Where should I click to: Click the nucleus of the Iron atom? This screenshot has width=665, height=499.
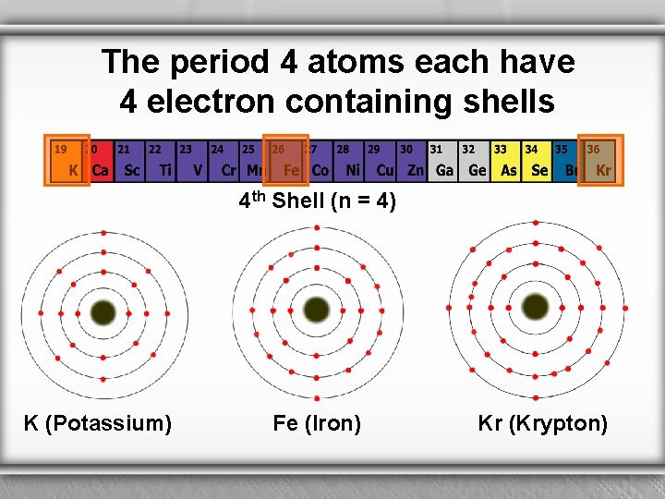pyautogui.click(x=316, y=310)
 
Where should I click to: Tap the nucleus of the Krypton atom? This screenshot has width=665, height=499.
pyautogui.click(x=535, y=306)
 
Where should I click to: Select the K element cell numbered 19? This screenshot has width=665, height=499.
pyautogui.click(x=66, y=160)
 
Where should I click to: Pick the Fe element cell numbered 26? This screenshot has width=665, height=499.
pyautogui.click(x=285, y=160)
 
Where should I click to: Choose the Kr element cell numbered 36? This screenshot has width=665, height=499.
pyautogui.click(x=599, y=160)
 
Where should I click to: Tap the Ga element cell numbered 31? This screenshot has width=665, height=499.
pyautogui.click(x=441, y=160)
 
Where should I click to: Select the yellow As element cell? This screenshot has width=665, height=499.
pyautogui.click(x=504, y=160)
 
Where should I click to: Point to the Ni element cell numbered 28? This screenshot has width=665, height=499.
pyautogui.click(x=348, y=160)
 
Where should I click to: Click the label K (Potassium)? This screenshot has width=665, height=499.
pyautogui.click(x=98, y=423)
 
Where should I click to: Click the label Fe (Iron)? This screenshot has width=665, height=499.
pyautogui.click(x=317, y=423)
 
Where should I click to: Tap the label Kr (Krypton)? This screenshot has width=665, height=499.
pyautogui.click(x=542, y=423)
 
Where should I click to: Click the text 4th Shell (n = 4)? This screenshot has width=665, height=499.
pyautogui.click(x=318, y=201)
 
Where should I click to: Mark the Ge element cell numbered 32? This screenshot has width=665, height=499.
pyautogui.click(x=473, y=160)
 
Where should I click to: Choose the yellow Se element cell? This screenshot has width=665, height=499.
pyautogui.click(x=536, y=160)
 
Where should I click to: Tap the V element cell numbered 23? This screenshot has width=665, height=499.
pyautogui.click(x=191, y=160)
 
